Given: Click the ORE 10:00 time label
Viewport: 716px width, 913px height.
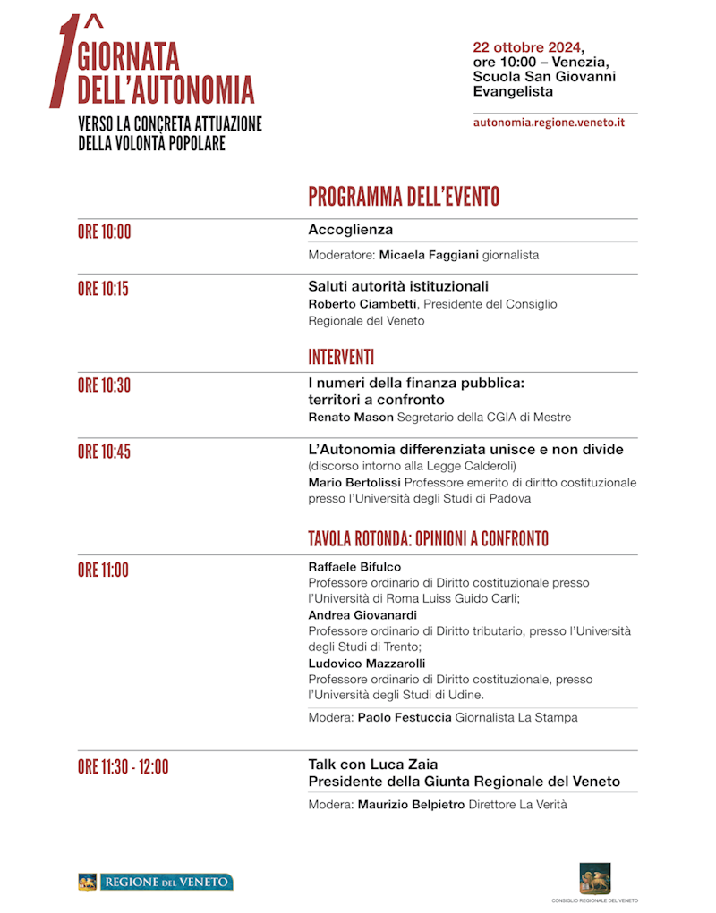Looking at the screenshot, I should [104, 232].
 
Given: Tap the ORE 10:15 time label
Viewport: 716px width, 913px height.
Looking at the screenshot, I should [103, 289].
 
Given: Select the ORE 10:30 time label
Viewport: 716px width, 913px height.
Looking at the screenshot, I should [104, 385].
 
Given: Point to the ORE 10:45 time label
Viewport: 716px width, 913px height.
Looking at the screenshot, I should [104, 452].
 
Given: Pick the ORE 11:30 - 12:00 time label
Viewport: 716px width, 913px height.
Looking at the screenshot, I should [123, 766].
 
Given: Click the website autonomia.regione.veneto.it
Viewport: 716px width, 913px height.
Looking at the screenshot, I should [549, 123].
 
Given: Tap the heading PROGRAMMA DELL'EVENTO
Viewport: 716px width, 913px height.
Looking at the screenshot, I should [404, 197].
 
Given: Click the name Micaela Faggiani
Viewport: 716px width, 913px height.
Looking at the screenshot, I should [429, 256].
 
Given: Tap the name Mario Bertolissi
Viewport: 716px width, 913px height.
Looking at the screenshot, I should [353, 483].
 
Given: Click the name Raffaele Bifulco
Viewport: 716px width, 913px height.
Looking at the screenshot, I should [354, 567].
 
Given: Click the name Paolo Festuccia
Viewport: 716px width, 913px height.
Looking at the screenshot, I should [405, 717].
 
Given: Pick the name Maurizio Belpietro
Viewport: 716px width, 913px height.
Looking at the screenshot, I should [412, 805].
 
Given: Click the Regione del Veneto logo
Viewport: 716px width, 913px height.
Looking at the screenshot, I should [156, 883].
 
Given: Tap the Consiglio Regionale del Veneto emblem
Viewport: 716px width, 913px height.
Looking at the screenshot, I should [595, 878].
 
